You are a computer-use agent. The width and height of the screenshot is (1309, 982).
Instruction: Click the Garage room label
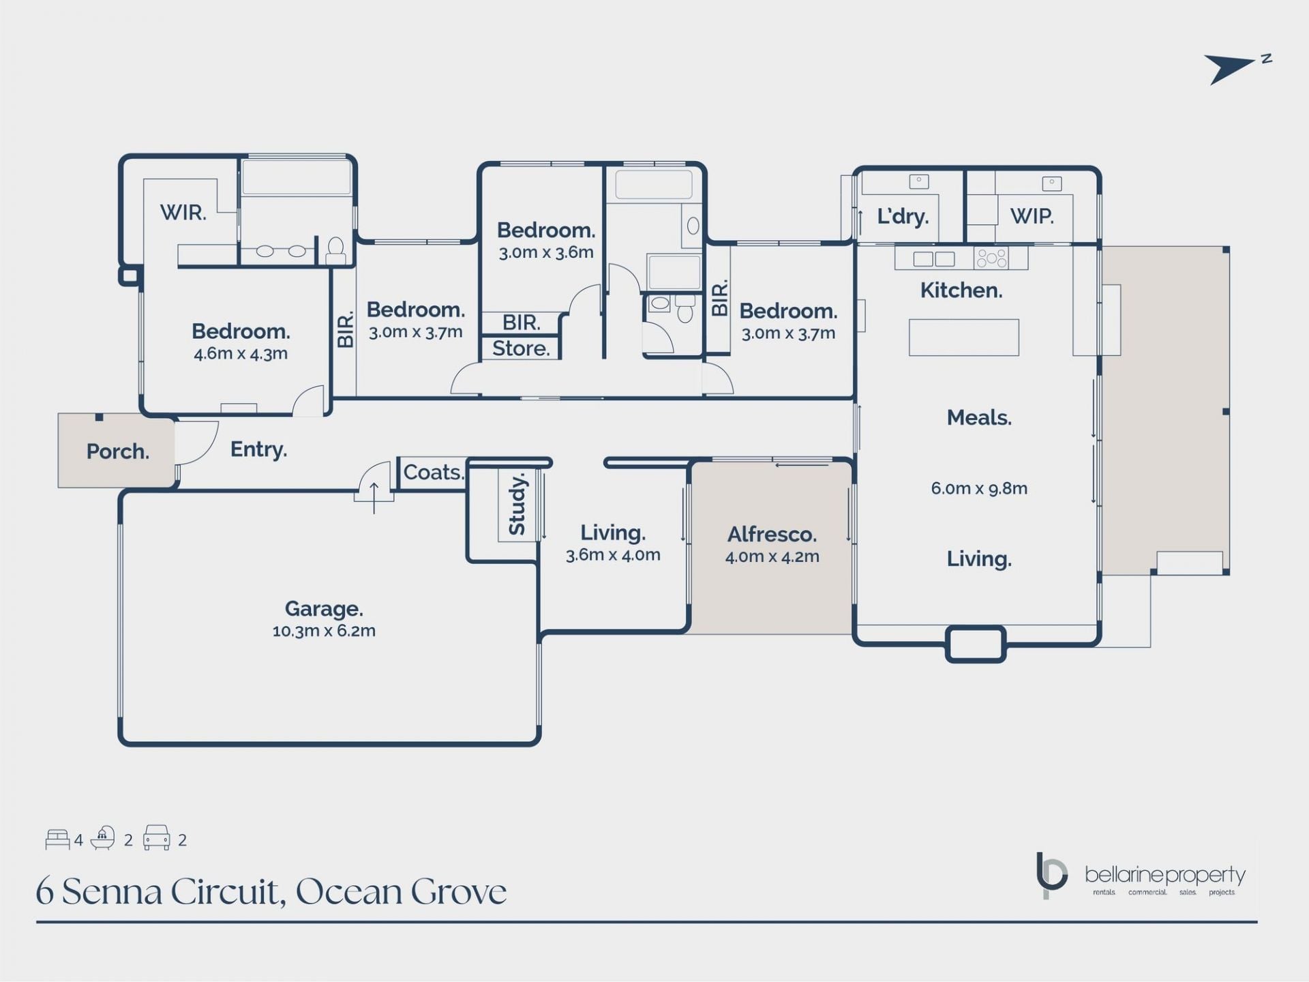(x=323, y=608)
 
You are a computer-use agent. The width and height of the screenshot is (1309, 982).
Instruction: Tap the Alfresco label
(x=772, y=534)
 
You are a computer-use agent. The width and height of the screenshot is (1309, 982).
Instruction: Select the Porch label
(x=117, y=451)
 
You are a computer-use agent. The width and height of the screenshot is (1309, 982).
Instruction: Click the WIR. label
(x=183, y=213)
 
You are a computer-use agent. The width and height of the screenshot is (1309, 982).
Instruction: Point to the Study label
(x=517, y=505)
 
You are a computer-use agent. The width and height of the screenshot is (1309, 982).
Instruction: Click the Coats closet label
(x=433, y=472)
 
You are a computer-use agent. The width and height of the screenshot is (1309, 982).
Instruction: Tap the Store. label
(x=521, y=348)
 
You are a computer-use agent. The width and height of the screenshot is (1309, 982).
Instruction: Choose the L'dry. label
(x=903, y=216)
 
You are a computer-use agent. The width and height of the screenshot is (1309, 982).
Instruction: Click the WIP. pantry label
(x=1032, y=216)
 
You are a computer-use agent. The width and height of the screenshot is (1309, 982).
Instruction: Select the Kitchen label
(x=961, y=291)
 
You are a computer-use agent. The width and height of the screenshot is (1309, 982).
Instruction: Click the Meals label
(x=978, y=417)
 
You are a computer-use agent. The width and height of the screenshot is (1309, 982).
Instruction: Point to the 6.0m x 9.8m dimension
(x=978, y=488)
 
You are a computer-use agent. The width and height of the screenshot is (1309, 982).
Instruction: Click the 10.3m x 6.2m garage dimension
(x=323, y=631)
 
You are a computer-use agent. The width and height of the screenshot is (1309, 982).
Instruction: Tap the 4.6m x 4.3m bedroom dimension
(x=240, y=354)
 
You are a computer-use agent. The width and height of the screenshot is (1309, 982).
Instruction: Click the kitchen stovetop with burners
(x=991, y=258)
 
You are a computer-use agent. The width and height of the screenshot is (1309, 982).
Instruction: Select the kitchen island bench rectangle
(x=963, y=338)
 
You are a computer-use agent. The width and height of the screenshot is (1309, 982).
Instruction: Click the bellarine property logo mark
(x=1051, y=875)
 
